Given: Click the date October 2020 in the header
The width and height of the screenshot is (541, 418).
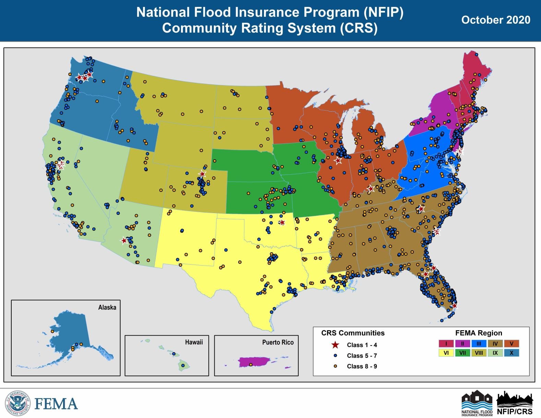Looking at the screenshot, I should point(495,20).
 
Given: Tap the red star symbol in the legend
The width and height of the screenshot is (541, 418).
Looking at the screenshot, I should point(335,345).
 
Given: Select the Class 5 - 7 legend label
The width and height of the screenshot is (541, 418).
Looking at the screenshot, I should point(362,356).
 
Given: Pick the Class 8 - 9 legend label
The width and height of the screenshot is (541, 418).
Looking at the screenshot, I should point(362,366).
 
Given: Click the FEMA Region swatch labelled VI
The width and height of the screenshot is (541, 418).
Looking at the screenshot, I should point(446,353).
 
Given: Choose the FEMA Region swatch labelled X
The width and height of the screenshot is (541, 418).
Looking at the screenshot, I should point(512,353).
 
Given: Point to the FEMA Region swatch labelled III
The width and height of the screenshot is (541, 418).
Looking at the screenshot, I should point(479,344).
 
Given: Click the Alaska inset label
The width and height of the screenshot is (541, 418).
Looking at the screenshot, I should point(107,307).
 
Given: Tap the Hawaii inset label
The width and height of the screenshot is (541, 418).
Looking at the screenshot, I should point(194,342).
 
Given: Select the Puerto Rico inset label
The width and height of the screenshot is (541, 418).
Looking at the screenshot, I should point(278,342).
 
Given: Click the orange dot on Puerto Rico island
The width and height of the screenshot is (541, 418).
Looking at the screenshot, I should point(250,364).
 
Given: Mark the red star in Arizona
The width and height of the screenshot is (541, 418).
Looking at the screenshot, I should point(124,241).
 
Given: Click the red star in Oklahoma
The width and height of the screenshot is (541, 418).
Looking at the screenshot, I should point(282,222).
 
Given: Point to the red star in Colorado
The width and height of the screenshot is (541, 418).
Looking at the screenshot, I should point(202,174).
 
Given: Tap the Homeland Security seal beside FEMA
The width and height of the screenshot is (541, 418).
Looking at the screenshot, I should point(17,403).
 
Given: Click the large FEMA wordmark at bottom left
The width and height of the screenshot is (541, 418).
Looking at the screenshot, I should point(56,404).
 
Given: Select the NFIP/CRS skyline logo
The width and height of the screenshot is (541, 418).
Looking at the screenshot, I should point(515,403).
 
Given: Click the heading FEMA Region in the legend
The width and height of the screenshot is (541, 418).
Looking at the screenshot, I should point(478,333).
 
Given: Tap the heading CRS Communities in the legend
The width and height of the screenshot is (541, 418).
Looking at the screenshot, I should point(353,333).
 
